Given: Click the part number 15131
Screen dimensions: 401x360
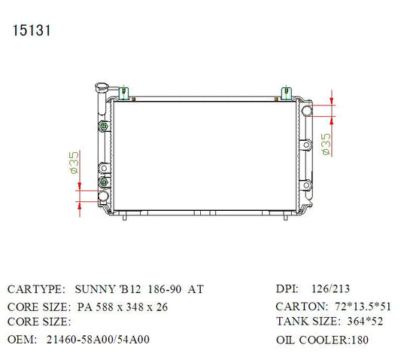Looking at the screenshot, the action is point(32,30).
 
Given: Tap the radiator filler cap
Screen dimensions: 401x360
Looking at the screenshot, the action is point(102,87).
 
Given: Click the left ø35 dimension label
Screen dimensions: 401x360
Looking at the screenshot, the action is point(74,163).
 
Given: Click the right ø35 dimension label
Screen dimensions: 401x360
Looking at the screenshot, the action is point(326,144).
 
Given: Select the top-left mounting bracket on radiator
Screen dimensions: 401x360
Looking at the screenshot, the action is point(124,93).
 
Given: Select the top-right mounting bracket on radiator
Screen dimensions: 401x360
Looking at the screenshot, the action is point(287,93).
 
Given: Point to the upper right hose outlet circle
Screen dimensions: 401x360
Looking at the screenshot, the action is point(307,111).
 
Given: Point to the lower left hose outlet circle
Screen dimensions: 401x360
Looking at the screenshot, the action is point(103,196).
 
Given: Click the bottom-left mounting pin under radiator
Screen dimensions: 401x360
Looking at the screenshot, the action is point(125,218).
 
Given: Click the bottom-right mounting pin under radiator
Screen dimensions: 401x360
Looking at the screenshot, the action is point(286,218).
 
